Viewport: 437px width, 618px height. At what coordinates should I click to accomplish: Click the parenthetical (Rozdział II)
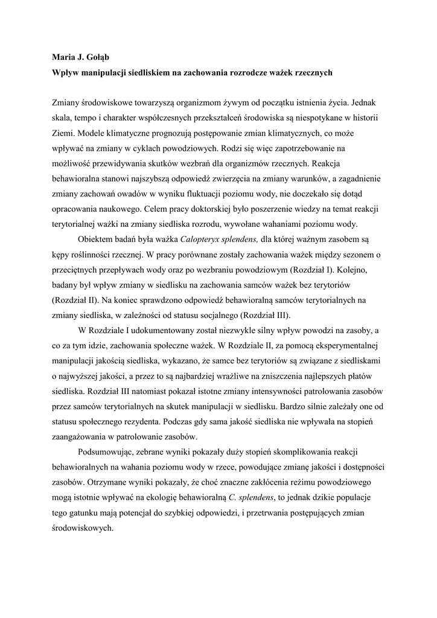(74, 300)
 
